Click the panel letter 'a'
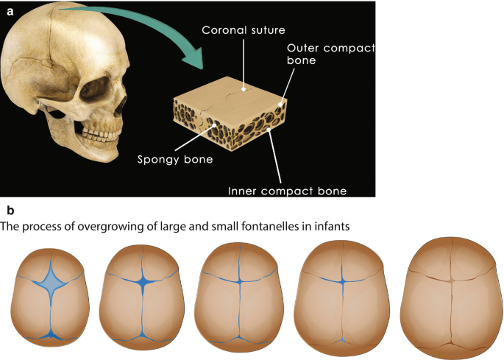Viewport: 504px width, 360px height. (x=10, y=10)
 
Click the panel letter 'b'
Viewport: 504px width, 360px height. (x=10, y=209)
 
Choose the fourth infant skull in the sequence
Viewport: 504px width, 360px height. (x=341, y=294)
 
